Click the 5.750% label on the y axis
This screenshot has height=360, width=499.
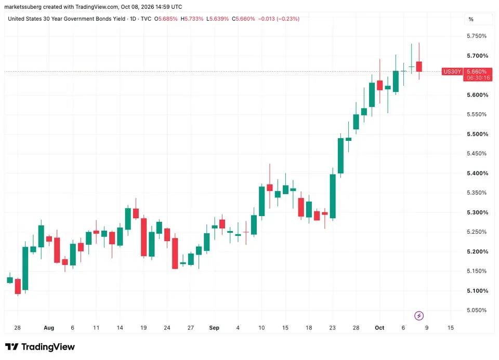(477, 36)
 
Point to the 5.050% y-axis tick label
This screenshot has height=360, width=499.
(477, 310)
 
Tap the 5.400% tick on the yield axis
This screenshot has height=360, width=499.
(477, 174)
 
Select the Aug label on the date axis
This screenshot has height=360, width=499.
(49, 328)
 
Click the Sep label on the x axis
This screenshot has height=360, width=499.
(214, 328)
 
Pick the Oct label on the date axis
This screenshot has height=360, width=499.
(379, 328)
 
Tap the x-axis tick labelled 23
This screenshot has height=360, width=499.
(332, 328)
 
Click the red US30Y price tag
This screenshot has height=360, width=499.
(452, 72)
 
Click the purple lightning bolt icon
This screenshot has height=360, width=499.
(419, 316)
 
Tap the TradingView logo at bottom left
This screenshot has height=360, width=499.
(40, 346)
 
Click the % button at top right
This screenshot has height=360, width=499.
(471, 19)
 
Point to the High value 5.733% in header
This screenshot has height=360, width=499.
(194, 19)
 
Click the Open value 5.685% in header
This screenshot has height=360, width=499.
(168, 19)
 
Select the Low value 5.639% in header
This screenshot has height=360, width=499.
(219, 19)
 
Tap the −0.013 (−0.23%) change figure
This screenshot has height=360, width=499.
(279, 19)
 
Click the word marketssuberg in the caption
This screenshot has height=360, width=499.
(23, 7)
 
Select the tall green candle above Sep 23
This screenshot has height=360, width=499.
(333, 196)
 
